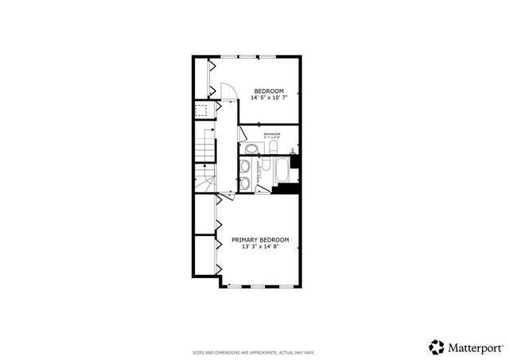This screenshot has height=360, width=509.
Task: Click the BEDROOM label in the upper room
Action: (x=265, y=91)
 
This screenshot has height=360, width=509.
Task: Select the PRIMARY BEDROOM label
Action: (x=260, y=239)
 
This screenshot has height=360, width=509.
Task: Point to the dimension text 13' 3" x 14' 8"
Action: (x=260, y=246)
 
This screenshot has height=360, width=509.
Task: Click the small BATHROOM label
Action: (x=272, y=134)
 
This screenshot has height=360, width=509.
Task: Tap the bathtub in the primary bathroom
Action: (x=282, y=173)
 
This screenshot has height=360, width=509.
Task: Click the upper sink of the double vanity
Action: (x=247, y=166)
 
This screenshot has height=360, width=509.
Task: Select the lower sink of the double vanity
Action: (x=247, y=184)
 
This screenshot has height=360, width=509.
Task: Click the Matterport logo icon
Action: (x=437, y=346)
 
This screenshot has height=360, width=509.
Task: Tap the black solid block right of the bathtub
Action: (x=295, y=162)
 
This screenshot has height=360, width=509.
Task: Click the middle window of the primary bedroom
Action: (x=259, y=285)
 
